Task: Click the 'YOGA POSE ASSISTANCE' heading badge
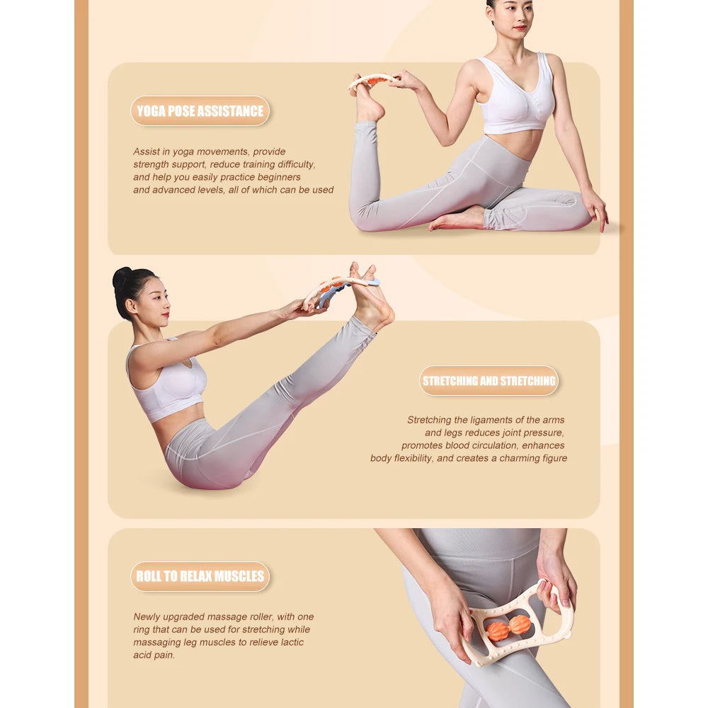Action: [200, 111]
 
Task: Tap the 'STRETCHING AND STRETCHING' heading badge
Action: [489, 381]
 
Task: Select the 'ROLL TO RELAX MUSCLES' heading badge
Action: [200, 576]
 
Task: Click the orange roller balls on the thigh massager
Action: [508, 627]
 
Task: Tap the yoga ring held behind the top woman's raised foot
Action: [371, 81]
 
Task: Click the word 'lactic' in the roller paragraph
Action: [290, 642]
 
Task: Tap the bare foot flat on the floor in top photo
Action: [457, 220]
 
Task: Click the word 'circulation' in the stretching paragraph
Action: [493, 445]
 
